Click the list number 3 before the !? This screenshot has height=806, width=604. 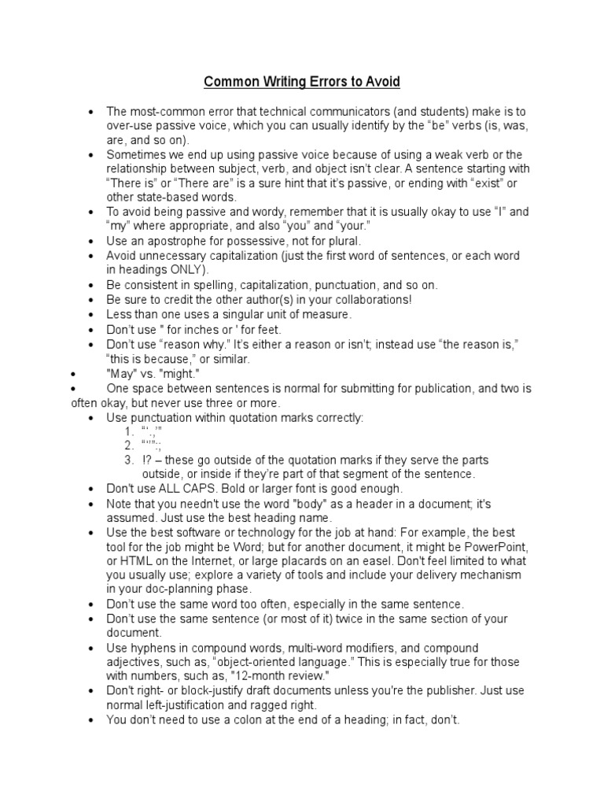(128, 460)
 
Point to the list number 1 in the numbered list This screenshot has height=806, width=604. (128, 431)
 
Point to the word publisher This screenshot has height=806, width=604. (466, 690)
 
